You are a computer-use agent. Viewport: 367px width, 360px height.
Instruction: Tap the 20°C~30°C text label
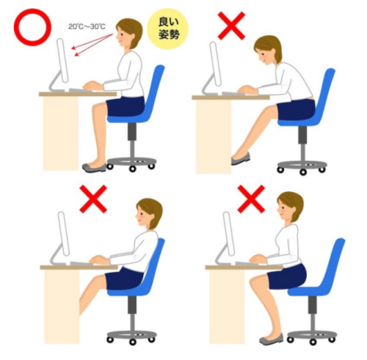[x=87, y=26]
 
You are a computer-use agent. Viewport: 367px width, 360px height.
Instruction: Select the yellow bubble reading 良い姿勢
[x=167, y=29]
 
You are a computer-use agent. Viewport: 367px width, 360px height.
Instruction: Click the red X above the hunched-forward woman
[x=231, y=26]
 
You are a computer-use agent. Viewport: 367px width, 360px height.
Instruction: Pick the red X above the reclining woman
[x=93, y=199]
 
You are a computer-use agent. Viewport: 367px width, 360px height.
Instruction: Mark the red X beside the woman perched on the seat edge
[x=251, y=199]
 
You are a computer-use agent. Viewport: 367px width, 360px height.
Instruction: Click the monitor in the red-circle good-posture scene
[x=62, y=60]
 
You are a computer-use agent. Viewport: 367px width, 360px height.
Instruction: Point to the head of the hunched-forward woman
[x=267, y=50]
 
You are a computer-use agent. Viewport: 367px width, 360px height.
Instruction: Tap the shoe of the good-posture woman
[x=95, y=168]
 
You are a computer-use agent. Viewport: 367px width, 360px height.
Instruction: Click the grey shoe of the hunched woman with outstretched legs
[x=241, y=158]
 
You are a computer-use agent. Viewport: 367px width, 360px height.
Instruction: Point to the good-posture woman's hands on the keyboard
[x=92, y=86]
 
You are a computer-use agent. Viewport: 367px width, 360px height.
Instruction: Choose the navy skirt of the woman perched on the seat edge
[x=287, y=276]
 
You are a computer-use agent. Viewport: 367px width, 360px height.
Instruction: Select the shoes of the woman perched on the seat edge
[x=271, y=339]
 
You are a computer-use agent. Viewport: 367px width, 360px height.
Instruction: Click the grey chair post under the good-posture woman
[x=132, y=141]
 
